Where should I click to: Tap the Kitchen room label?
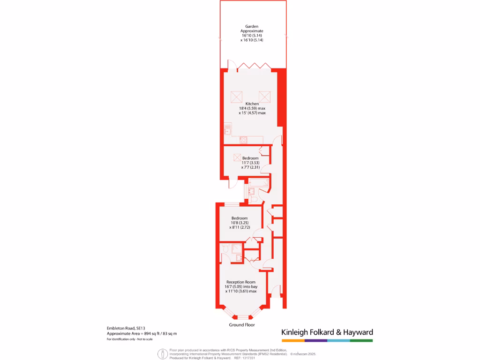(252, 104)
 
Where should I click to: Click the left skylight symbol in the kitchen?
(236, 97)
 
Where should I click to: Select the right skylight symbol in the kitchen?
(265, 97)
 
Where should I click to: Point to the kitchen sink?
(228, 127)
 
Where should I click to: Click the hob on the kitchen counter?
(243, 140)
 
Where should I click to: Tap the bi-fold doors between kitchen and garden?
(254, 66)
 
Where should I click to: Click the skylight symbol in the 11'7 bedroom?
(237, 158)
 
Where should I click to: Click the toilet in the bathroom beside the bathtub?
(254, 199)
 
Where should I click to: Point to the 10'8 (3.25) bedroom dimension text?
(239, 223)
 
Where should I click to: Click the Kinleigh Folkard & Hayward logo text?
(327, 332)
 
